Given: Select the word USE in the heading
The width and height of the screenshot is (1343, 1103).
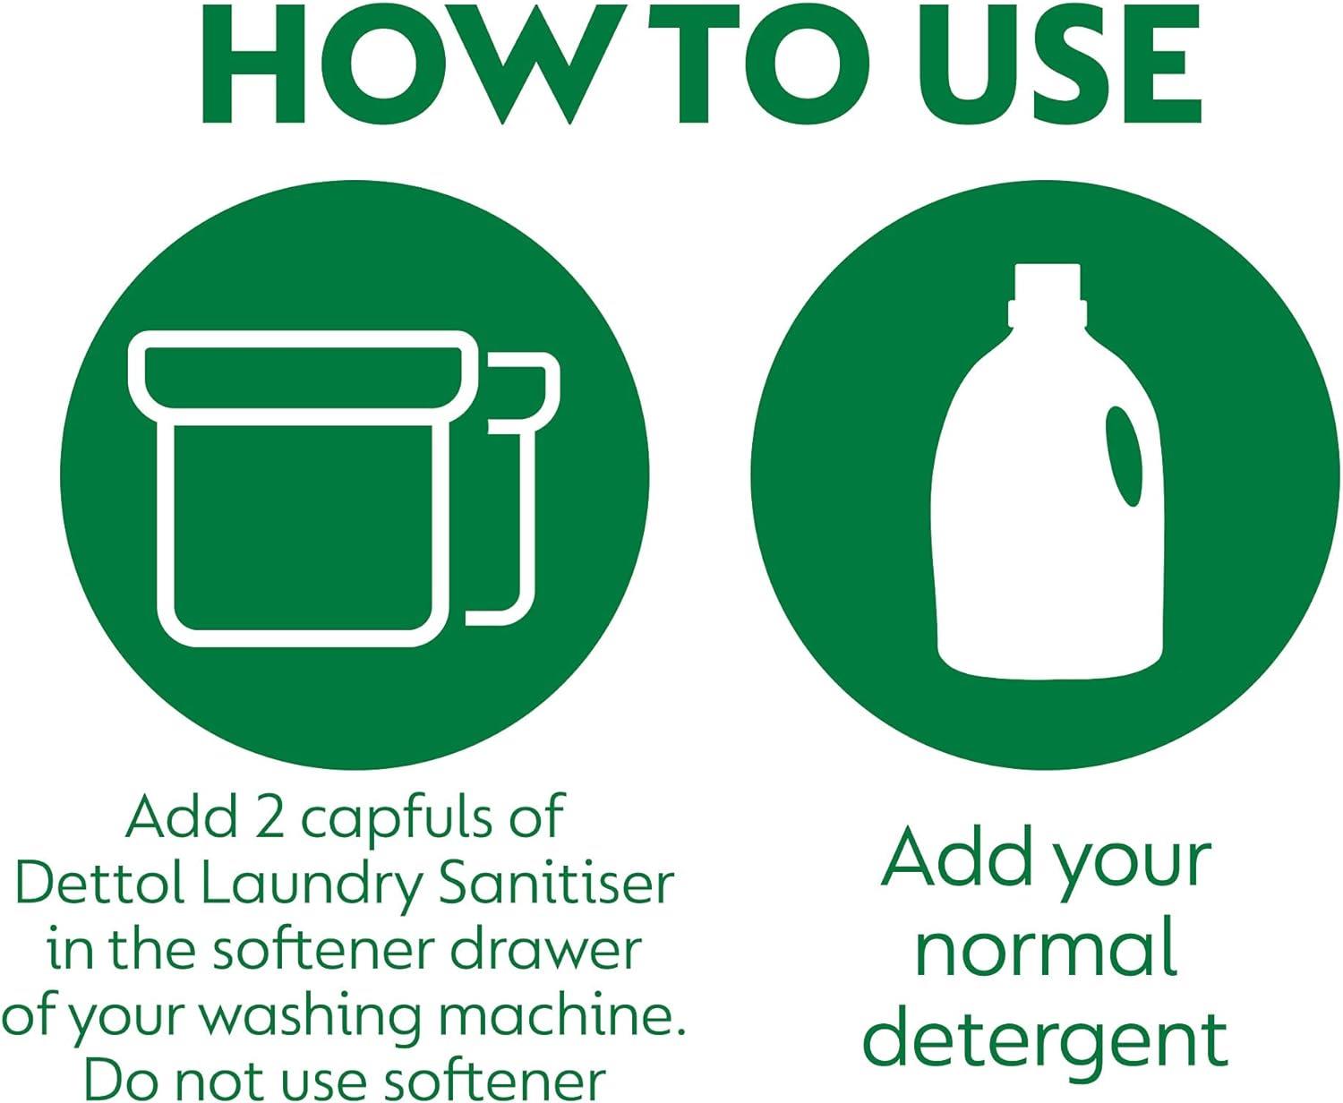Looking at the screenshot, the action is point(1059,64).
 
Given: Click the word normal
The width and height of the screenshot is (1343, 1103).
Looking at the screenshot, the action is point(1045,953).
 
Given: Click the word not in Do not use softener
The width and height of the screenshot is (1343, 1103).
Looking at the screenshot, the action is point(223,1082).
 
